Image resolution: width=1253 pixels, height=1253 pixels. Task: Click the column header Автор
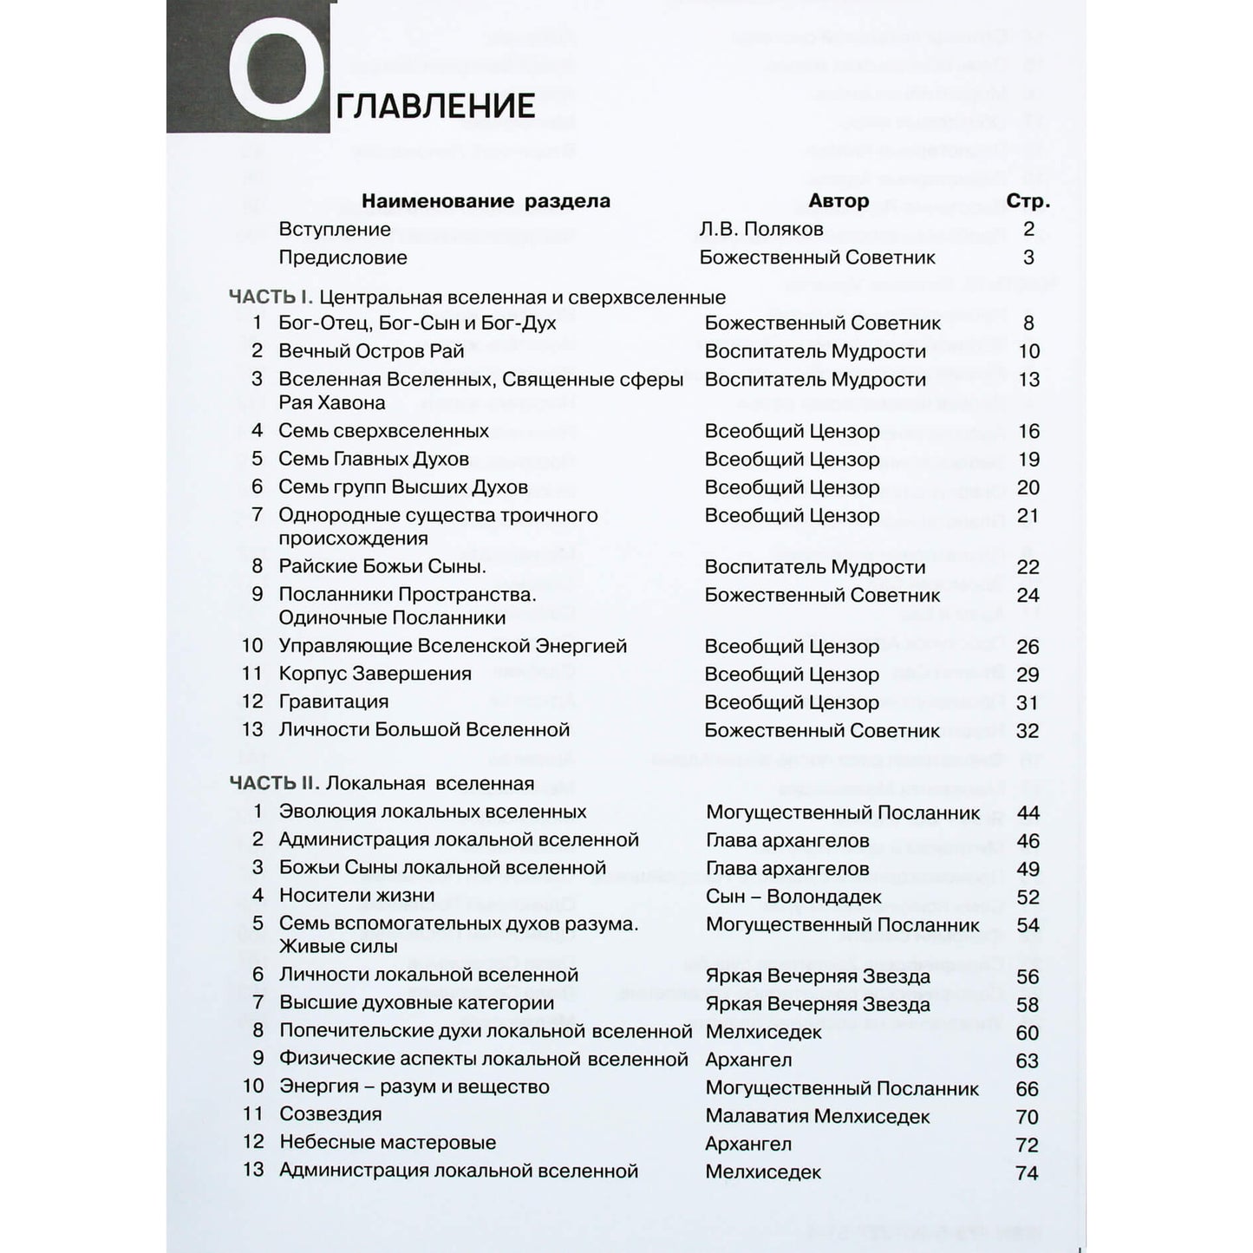click(x=838, y=201)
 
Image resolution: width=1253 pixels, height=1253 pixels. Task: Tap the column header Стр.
click(x=1028, y=201)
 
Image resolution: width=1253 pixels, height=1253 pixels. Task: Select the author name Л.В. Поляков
click(x=760, y=230)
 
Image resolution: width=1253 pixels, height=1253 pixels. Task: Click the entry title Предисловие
click(x=343, y=258)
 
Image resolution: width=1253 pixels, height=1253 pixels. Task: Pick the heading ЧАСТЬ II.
click(x=275, y=784)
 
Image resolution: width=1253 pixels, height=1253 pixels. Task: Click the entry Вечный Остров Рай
click(x=371, y=351)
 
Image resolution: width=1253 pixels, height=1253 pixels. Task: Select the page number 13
click(x=1028, y=380)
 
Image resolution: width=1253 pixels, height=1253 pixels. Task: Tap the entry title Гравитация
click(x=333, y=702)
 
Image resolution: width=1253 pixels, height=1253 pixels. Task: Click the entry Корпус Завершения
click(x=375, y=674)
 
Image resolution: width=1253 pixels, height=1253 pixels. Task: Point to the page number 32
click(x=1028, y=731)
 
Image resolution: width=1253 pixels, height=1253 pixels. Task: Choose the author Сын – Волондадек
click(x=793, y=897)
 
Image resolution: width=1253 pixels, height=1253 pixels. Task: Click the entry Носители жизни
click(x=356, y=896)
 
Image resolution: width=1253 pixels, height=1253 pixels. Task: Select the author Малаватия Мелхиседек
click(x=817, y=1117)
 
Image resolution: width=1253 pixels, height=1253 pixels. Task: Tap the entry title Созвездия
click(x=330, y=1114)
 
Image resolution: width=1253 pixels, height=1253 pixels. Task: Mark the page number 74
click(x=1027, y=1173)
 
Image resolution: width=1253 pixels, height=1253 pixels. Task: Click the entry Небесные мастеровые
click(x=387, y=1143)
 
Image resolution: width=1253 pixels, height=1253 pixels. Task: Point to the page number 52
click(x=1028, y=897)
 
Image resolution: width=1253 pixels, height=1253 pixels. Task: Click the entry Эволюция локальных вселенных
click(x=432, y=812)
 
